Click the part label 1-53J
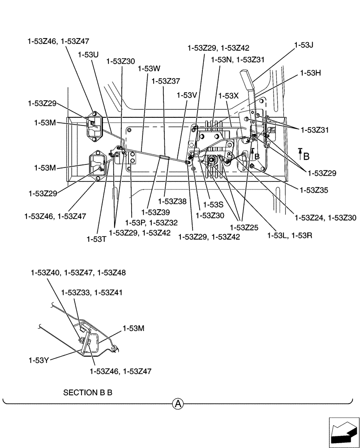304,45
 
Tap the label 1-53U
88,54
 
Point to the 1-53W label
149,69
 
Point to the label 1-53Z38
172,202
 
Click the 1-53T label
96,239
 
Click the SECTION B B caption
88,393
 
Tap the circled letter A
178,404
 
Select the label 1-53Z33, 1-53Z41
92,293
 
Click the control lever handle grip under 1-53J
247,81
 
